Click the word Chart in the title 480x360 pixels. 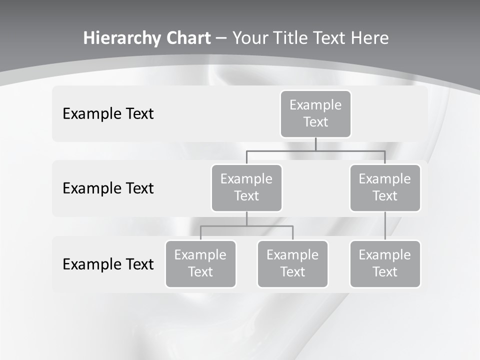pyautogui.click(x=187, y=38)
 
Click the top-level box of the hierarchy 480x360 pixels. pyautogui.click(x=315, y=113)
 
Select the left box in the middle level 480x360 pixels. pyautogui.click(x=246, y=187)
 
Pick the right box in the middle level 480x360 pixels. pyautogui.click(x=385, y=187)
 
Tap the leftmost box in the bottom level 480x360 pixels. pyautogui.click(x=200, y=263)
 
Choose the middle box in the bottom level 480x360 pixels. pyautogui.click(x=292, y=263)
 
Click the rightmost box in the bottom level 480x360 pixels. pyautogui.click(x=385, y=263)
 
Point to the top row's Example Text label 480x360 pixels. pyautogui.click(x=108, y=113)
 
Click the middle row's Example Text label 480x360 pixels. pyautogui.click(x=108, y=188)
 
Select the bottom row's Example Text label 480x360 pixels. pyautogui.click(x=108, y=264)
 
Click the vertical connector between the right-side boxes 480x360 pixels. pyautogui.click(x=385, y=226)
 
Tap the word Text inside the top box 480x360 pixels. pyautogui.click(x=315, y=122)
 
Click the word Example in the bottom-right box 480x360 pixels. pyautogui.click(x=385, y=255)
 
